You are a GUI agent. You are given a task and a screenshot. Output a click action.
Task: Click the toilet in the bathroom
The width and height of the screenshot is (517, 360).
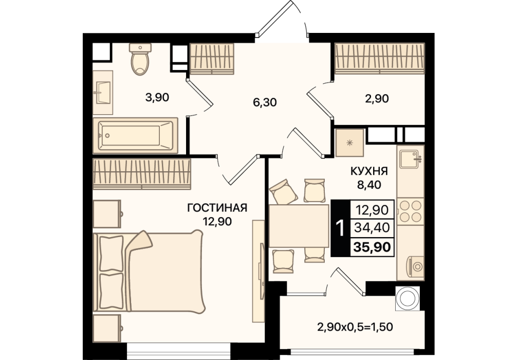tap(140, 59)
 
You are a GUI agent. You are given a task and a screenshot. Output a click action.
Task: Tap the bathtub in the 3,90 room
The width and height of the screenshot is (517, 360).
tap(136, 136)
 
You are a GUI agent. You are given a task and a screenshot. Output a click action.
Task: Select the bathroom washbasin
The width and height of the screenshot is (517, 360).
tap(103, 93)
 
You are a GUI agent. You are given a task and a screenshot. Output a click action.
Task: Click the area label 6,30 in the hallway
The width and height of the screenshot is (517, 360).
tap(265, 103)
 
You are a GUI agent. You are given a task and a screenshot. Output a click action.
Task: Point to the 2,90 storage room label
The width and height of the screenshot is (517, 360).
tap(377, 98)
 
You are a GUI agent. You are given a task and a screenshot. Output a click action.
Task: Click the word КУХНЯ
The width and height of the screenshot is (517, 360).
tap(369, 172)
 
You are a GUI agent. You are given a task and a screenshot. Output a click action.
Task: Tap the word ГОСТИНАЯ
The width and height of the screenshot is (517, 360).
tap(217, 208)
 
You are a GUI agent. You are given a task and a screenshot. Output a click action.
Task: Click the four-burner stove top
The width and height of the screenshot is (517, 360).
tap(411, 211)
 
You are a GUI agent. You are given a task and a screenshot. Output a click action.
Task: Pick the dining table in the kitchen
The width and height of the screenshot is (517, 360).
tap(299, 226)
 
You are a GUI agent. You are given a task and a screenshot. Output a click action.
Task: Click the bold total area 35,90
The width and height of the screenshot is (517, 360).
tap(372, 246)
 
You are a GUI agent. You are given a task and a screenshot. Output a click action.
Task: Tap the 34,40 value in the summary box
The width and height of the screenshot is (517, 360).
tap(372, 227)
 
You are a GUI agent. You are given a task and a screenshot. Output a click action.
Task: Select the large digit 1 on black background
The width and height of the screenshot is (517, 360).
tap(340, 228)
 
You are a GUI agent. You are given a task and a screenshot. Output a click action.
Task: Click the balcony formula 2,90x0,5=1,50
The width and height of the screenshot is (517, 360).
tap(355, 327)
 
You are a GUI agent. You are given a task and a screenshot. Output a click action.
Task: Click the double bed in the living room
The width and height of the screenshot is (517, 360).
tap(149, 271)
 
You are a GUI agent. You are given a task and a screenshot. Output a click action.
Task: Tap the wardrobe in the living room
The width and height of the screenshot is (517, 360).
tap(142, 174)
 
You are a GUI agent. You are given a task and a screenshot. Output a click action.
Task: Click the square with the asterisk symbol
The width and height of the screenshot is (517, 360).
tap(349, 142)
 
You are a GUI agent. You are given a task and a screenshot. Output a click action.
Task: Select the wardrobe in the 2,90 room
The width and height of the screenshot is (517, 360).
tap(379, 59)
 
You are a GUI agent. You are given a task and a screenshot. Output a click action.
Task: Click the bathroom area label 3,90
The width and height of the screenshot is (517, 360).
tap(157, 97)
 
